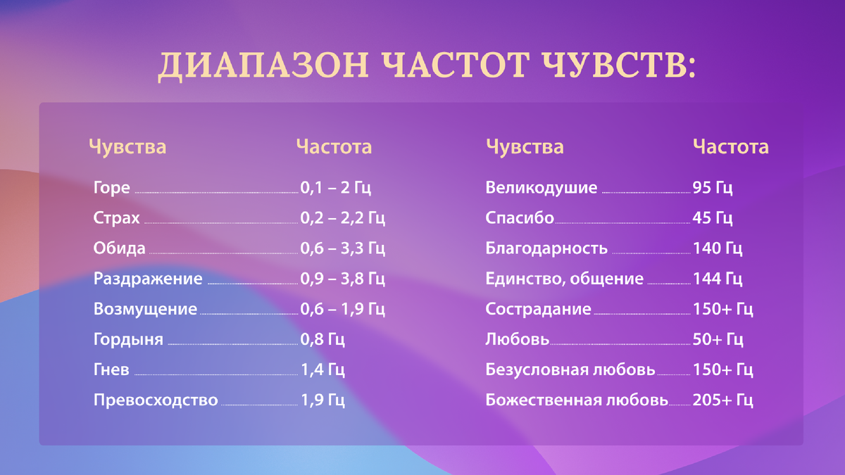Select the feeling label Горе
pyautogui.click(x=111, y=188)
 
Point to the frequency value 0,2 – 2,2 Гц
pyautogui.click(x=342, y=218)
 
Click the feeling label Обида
pyautogui.click(x=119, y=248)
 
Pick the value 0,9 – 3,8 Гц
pyautogui.click(x=342, y=279)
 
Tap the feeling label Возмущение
pyautogui.click(x=145, y=309)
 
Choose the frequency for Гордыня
pyautogui.click(x=322, y=340)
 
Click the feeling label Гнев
pyautogui.click(x=111, y=370)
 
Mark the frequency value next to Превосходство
pyautogui.click(x=322, y=400)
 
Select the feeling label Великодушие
pyautogui.click(x=541, y=188)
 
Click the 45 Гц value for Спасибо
pyautogui.click(x=713, y=218)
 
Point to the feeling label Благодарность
pyautogui.click(x=546, y=248)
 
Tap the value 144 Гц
pyautogui.click(x=718, y=279)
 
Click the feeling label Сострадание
pyautogui.click(x=538, y=309)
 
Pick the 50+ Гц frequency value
pyautogui.click(x=718, y=340)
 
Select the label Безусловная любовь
pyautogui.click(x=570, y=370)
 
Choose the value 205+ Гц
pyautogui.click(x=723, y=400)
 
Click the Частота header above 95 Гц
pyautogui.click(x=730, y=147)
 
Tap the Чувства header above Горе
pyautogui.click(x=127, y=147)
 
